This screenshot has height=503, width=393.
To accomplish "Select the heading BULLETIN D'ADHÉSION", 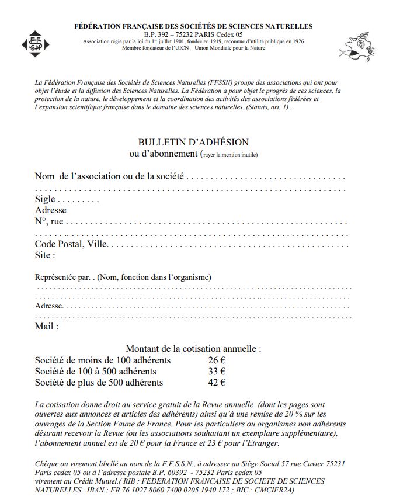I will click(x=193, y=143).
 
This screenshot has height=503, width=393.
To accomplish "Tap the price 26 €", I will click(x=217, y=360).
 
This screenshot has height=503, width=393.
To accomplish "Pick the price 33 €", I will click(x=217, y=371).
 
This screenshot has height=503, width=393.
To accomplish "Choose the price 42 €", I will click(x=217, y=383).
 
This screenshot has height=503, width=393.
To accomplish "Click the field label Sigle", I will click(x=45, y=199).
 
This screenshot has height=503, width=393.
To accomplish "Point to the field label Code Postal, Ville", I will click(x=71, y=244).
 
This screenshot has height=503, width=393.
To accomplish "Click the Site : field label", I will click(x=45, y=255).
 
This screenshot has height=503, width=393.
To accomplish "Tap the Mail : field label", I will click(x=47, y=327).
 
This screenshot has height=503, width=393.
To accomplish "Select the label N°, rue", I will click(x=49, y=221).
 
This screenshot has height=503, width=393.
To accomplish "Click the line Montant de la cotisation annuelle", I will click(x=193, y=348).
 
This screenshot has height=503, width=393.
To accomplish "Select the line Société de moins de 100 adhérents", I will click(x=103, y=360).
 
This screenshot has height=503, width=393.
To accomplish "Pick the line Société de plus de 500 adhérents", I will click(x=99, y=383).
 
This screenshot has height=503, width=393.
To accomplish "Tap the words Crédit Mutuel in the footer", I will click(x=95, y=481).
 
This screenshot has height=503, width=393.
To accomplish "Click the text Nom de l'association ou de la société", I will click(x=109, y=176).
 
